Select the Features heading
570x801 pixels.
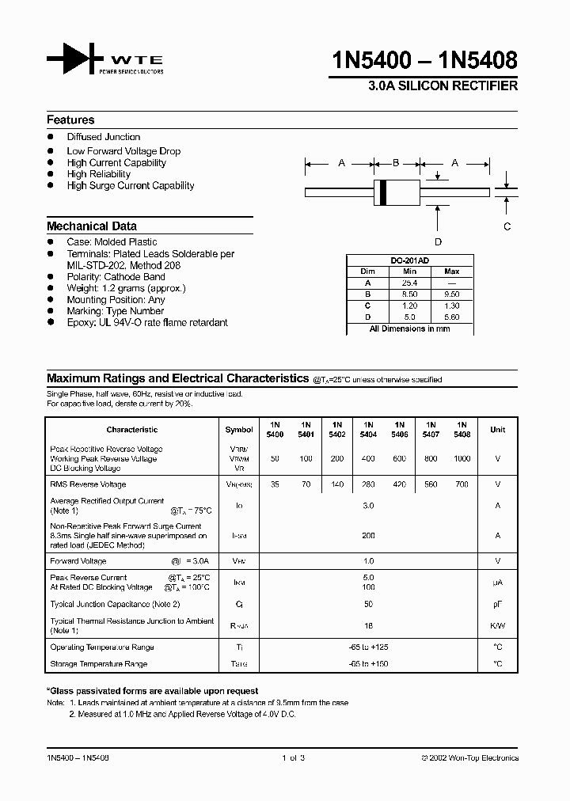pos(70,120)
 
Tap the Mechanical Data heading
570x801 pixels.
pos(91,226)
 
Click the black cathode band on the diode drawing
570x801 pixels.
pos(384,192)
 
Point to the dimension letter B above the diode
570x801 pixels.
pos(395,163)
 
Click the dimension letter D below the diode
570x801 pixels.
pos(438,242)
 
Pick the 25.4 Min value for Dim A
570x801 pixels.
pos(408,283)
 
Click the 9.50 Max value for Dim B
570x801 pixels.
pos(451,293)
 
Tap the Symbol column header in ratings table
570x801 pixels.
pos(239,430)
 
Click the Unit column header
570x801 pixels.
pos(497,430)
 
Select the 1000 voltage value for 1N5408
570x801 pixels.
pos(462,459)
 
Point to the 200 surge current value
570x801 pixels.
pos(367,536)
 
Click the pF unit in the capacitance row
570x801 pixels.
pos(497,604)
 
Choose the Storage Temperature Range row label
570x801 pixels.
pos(99,664)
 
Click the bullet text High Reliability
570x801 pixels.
pos(99,174)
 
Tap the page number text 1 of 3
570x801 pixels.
pos(292,757)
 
